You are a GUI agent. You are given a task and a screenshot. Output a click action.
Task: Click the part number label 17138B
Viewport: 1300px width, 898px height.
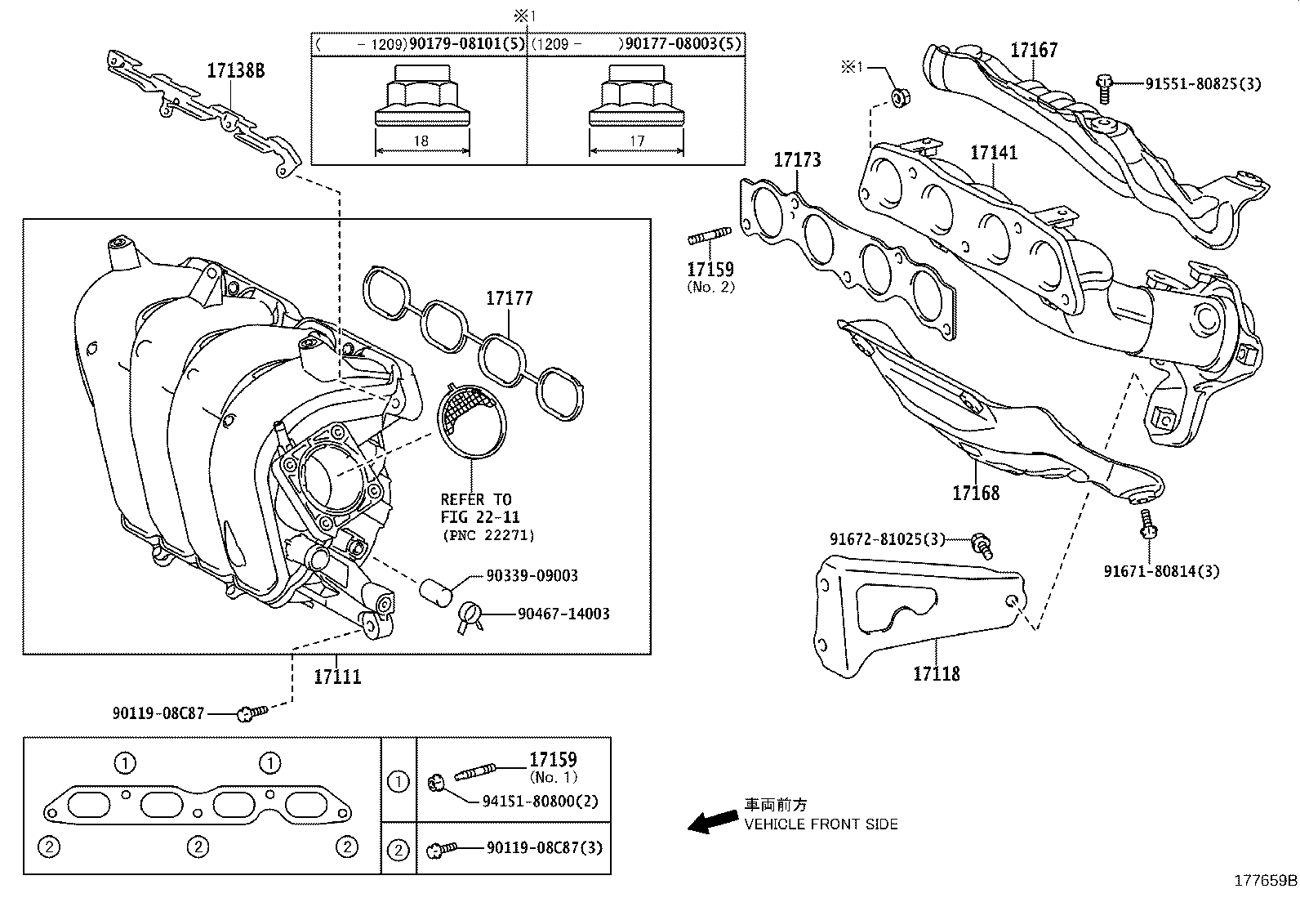pyautogui.click(x=235, y=70)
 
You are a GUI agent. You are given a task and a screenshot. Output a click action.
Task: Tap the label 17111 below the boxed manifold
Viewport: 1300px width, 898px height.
pyautogui.click(x=337, y=677)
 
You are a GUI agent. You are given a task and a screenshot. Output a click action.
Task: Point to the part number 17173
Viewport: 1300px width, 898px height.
pyautogui.click(x=797, y=160)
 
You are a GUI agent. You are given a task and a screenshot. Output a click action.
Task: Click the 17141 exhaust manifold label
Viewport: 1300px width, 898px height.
pyautogui.click(x=994, y=153)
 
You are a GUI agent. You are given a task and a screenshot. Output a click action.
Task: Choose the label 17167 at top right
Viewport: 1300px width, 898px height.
pyautogui.click(x=1033, y=50)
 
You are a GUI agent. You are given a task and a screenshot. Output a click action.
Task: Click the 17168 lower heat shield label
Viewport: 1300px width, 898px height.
pyautogui.click(x=975, y=493)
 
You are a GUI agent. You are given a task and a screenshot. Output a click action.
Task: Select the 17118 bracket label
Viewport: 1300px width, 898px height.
pyautogui.click(x=936, y=673)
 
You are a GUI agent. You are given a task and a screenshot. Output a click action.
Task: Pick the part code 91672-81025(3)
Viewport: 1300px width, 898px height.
pyautogui.click(x=887, y=539)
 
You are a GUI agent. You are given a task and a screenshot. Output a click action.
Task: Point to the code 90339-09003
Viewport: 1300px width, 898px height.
pyautogui.click(x=532, y=575)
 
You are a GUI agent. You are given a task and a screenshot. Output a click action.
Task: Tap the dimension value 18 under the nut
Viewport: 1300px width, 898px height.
pyautogui.click(x=421, y=141)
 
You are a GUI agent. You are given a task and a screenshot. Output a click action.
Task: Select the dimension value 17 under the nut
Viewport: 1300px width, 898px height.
pyautogui.click(x=636, y=141)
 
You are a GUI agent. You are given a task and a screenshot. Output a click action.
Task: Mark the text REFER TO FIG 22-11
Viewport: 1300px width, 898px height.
pyautogui.click(x=479, y=508)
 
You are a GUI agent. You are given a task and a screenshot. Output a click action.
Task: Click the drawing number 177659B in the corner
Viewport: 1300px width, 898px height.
pyautogui.click(x=1264, y=881)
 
